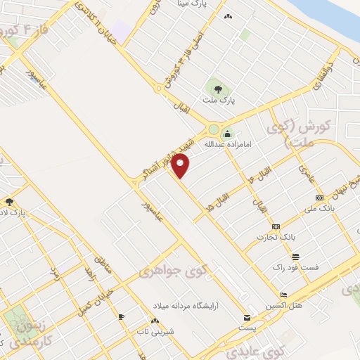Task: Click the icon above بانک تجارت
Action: pos(276,226)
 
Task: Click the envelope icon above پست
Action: pos(246,317)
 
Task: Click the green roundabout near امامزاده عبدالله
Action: pos(212,129)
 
